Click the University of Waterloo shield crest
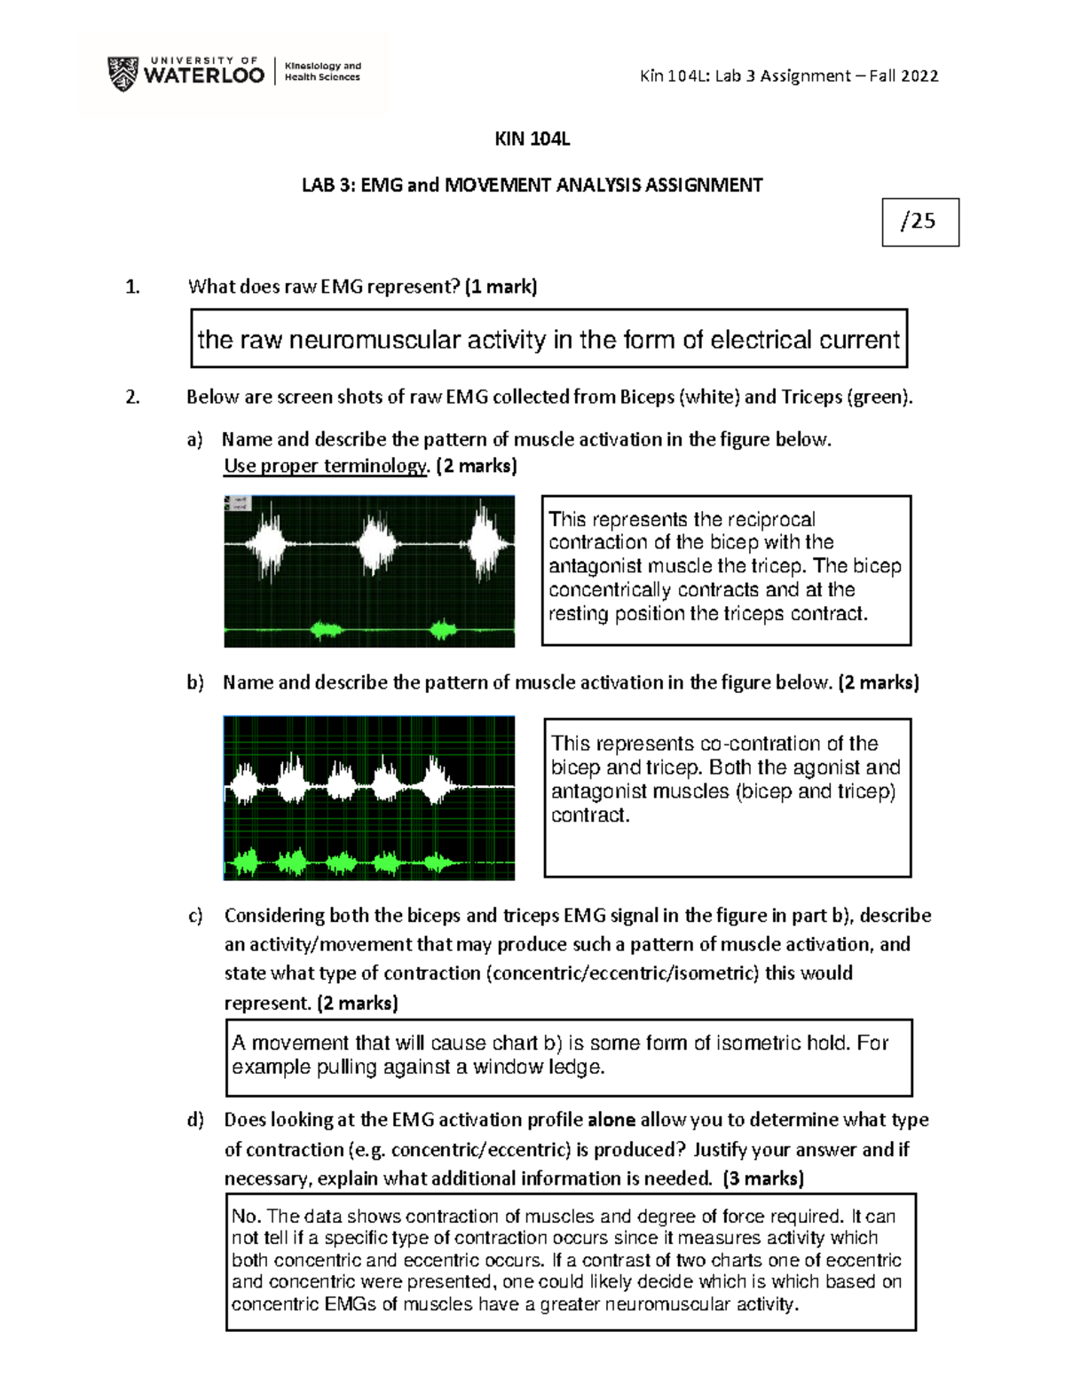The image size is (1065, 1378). pos(122,74)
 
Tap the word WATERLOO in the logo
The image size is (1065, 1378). pos(203,77)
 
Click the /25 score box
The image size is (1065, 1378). pos(920,222)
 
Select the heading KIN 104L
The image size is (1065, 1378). pos(532,139)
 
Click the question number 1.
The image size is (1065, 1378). pos(132,287)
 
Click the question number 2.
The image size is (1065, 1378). pos(132,397)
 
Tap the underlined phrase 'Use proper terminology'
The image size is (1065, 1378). pos(326,466)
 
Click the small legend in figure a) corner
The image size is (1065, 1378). pos(238,503)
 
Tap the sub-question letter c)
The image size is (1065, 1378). pos(194,916)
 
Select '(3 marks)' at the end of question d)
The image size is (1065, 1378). pos(763,1178)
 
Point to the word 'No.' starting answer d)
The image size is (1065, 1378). pos(246,1217)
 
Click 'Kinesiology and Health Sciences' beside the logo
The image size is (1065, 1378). pos(322,72)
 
